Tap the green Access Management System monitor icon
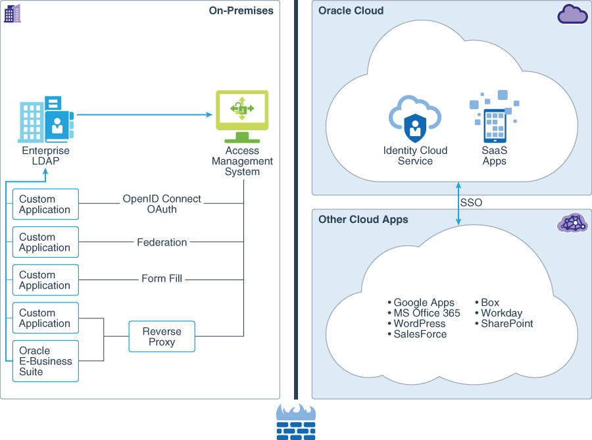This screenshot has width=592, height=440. [242, 115]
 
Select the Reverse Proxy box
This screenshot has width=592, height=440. [162, 336]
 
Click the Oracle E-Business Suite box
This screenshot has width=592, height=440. [45, 361]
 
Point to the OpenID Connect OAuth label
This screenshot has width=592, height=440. [162, 204]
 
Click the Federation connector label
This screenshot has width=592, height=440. [162, 242]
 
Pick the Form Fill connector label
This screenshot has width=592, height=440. [162, 279]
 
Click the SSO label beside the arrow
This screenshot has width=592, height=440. [471, 203]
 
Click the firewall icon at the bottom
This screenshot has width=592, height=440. [295, 422]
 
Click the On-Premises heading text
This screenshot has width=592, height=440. [241, 11]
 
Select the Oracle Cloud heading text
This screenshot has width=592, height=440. [351, 11]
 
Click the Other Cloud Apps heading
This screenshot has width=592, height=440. [363, 220]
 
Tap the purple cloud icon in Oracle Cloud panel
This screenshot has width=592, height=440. [572, 14]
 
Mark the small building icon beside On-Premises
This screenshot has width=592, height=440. [12, 13]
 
